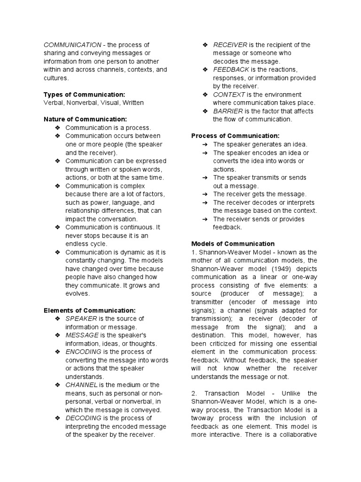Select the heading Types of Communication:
pos(84,95)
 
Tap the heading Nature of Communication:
pos(85,120)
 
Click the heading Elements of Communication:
pos(89,310)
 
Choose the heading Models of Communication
pos(233,244)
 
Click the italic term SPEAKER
pos(81,319)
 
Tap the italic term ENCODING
pos(83,352)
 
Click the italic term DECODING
pos(83,418)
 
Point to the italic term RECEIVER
pos(230,45)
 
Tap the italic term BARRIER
pos(228,111)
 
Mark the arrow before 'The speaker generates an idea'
pos(205,145)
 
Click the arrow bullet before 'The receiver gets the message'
pos(205,194)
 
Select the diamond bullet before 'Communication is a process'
pos(57,128)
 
